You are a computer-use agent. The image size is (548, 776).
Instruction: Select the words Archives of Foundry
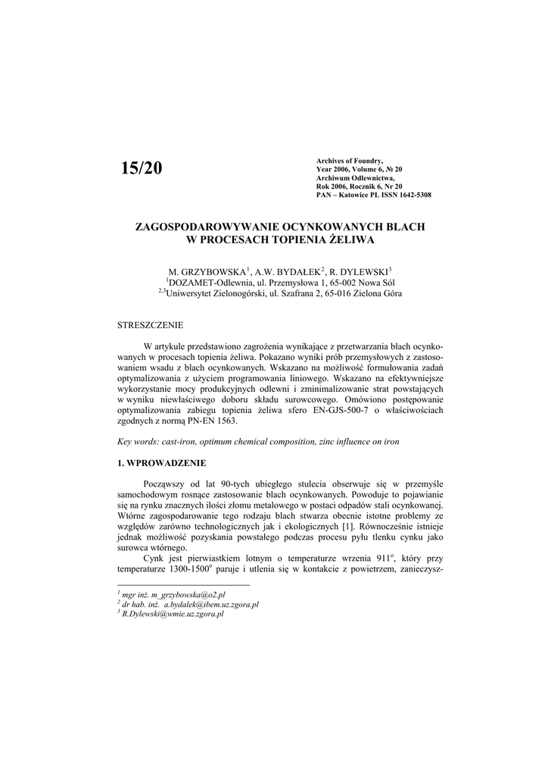[349, 161]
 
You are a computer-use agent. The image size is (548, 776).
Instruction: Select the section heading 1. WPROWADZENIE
[162, 462]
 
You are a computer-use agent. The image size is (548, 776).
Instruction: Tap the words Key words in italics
[138, 441]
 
